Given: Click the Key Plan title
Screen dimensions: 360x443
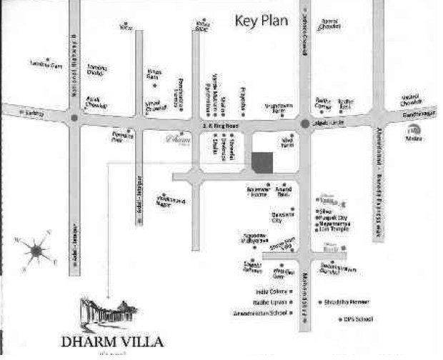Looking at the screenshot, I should click(x=261, y=21).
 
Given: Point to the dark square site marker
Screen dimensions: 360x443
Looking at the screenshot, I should click(x=262, y=161).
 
